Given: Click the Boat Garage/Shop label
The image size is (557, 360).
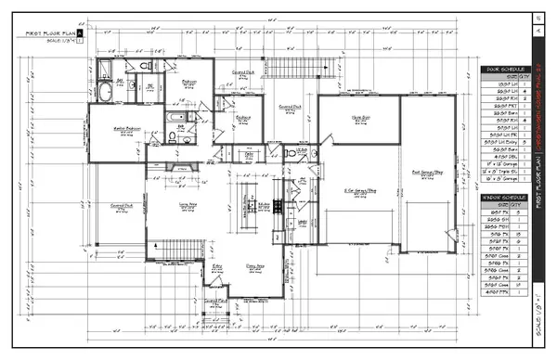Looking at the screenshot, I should pos(424,173).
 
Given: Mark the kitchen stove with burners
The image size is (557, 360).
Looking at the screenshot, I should pos(277,206).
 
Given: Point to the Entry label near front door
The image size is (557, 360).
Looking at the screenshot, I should pos(218,265).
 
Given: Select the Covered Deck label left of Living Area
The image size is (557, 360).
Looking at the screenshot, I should pos(122,206).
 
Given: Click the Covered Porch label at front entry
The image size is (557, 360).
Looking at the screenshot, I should pos(215,301).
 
